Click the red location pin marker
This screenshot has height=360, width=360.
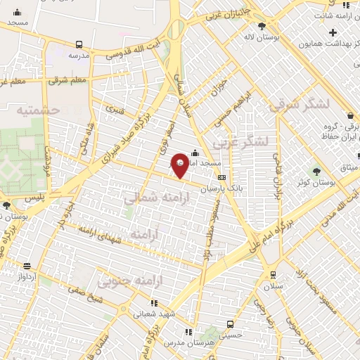[x=181, y=165]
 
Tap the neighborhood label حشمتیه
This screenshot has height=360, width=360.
[x=39, y=111]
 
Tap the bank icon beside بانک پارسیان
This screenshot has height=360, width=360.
[x=222, y=178]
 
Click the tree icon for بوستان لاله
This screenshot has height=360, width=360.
[x=262, y=25]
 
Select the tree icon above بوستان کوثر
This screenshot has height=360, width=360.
[x=316, y=171]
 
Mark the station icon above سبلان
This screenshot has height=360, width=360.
[x=273, y=274]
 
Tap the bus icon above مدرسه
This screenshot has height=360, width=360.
[x=79, y=43]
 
